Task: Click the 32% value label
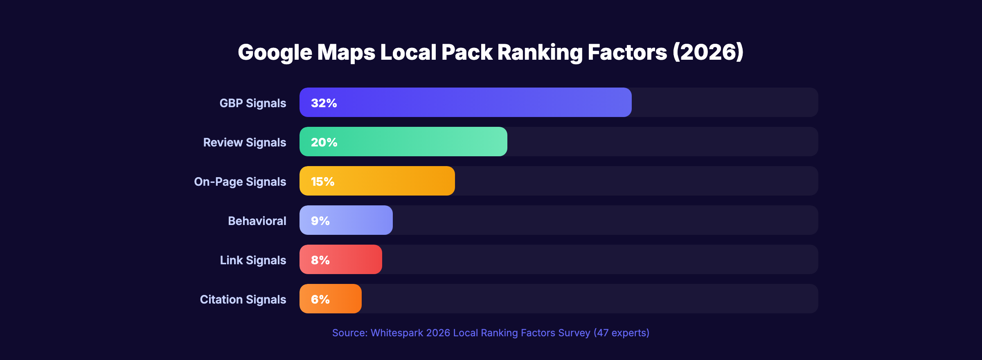[324, 103]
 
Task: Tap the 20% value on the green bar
[324, 142]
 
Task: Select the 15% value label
[322, 181]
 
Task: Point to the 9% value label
[320, 220]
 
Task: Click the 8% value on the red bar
[320, 260]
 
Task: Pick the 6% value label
[320, 299]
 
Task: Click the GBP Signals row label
[252, 103]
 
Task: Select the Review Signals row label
[244, 142]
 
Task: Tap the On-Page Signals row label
[240, 182]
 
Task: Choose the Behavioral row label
[257, 221]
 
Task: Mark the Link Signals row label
[253, 260]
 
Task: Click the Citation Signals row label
[243, 299]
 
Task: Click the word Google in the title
[275, 52]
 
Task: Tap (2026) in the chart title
[708, 52]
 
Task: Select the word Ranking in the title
[540, 52]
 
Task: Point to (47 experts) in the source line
[621, 333]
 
